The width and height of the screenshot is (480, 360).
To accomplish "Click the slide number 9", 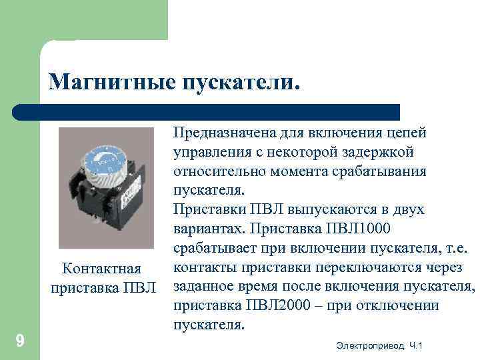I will click(x=20, y=342).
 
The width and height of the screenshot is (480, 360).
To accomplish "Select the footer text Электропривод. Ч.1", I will click(x=380, y=345).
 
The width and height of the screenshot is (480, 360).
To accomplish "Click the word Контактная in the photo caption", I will click(x=101, y=269).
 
